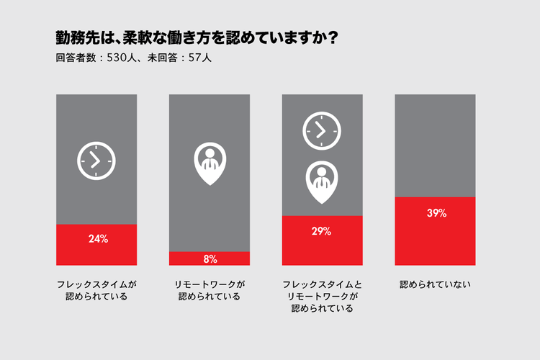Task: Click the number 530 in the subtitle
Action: [119, 58]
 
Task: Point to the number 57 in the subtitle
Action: [194, 58]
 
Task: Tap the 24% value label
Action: [96, 239]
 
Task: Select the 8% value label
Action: [210, 258]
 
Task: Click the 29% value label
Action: [322, 231]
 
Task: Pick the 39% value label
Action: [435, 213]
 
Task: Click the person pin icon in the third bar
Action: [322, 181]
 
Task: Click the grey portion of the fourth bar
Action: [435, 144]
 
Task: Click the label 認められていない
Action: [435, 284]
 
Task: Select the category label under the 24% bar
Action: [96, 290]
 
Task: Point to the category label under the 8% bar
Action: [210, 290]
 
